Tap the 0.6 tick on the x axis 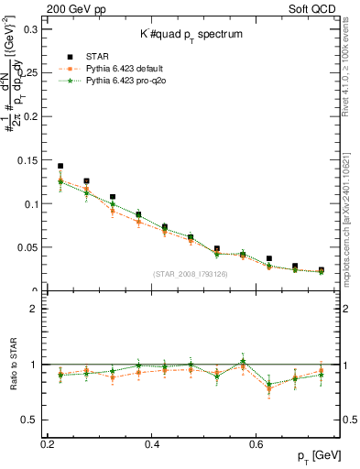pyautogui.click(x=259, y=443)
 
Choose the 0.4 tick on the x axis pyautogui.click(x=153, y=443)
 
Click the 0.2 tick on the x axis pyautogui.click(x=48, y=443)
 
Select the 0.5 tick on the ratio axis pyautogui.click(x=30, y=420)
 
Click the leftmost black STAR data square pyautogui.click(x=60, y=167)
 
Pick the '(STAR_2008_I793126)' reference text pyautogui.click(x=191, y=274)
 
